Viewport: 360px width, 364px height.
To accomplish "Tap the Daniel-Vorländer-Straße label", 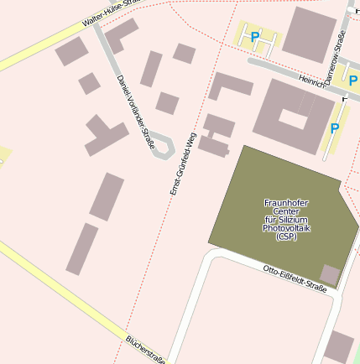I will coord(136,112).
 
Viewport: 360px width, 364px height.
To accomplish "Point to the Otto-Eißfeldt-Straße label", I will coord(294,278).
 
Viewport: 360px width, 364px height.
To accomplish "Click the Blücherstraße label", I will coord(144,350).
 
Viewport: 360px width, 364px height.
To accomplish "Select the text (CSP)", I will coord(286,237).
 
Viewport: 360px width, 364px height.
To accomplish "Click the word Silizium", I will coord(287,219).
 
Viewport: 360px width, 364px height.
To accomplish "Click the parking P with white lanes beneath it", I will coord(255,36).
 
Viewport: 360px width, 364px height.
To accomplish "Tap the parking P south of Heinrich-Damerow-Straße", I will coord(334,128).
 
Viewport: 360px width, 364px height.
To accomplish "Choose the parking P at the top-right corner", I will coord(353,81).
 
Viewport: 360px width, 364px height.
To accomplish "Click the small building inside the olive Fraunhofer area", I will coord(330,274).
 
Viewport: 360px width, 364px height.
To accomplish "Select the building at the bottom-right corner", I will coord(339,346).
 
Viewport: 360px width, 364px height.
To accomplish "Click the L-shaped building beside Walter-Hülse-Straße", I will coord(123,34).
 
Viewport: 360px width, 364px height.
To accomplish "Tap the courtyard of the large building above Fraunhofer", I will coord(294,117).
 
